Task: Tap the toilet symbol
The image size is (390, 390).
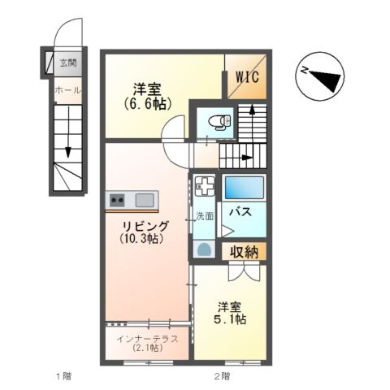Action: point(219,123)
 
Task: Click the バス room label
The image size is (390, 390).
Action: point(239,212)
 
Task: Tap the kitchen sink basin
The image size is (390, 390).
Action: point(145,200)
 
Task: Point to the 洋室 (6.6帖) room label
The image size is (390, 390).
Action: point(145,96)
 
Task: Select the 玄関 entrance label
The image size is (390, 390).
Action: point(67,62)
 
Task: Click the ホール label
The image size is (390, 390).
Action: point(67,90)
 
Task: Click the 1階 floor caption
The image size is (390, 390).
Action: point(63,375)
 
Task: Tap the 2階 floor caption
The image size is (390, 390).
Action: point(222,375)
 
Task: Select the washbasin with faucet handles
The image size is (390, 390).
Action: point(204,187)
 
